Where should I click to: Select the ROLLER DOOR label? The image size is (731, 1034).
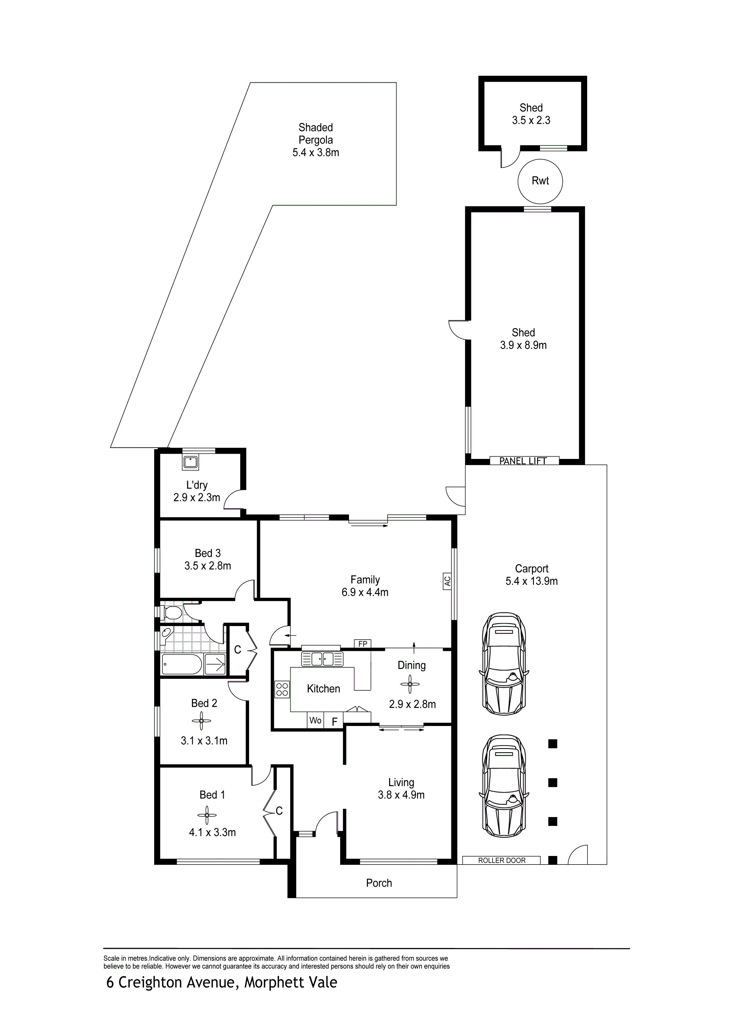[502, 860]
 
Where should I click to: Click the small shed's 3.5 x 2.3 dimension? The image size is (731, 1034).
[531, 120]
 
